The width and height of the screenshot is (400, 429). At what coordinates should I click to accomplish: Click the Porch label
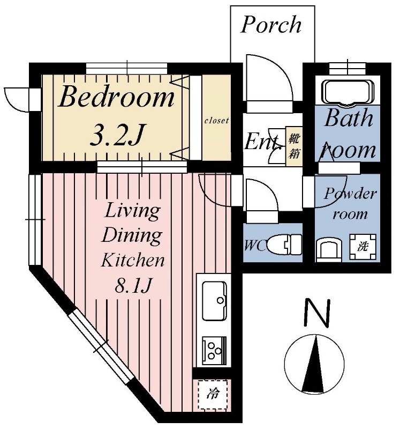coord(271,25)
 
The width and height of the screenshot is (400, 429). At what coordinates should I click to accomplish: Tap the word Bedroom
coord(116,97)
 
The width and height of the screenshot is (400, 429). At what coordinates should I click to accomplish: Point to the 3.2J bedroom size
coord(116,135)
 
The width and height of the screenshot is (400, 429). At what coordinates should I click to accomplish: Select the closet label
coord(217,120)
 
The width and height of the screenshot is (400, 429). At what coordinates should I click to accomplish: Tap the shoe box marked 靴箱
coord(294,146)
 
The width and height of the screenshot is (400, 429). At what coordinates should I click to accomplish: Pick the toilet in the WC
coord(284,245)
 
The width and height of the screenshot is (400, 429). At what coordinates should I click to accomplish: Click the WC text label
coord(255,246)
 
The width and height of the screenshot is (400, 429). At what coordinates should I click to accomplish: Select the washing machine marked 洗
coord(363,247)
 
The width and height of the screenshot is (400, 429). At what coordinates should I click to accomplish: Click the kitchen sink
coord(215,300)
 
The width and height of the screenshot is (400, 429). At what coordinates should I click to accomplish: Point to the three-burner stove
coord(215,351)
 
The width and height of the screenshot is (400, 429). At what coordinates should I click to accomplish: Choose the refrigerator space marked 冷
coord(213,395)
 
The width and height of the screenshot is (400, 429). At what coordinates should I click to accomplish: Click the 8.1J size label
coord(133,285)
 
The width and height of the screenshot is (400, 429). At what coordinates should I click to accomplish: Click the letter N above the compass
coord(317,313)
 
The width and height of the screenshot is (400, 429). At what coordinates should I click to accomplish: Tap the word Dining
coord(132,235)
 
